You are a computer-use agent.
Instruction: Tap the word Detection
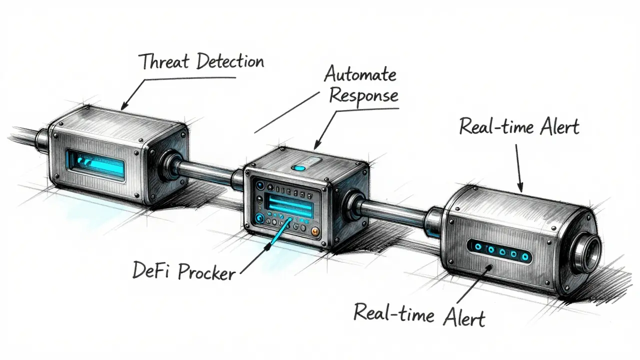229,63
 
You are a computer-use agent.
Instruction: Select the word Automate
360,75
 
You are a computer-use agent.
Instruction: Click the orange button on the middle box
315,231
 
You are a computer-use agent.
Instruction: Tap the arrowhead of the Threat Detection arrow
123,106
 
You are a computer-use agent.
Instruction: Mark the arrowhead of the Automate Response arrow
315,146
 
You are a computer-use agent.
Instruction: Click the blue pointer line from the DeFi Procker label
280,232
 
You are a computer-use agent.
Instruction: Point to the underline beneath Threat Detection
200,78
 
